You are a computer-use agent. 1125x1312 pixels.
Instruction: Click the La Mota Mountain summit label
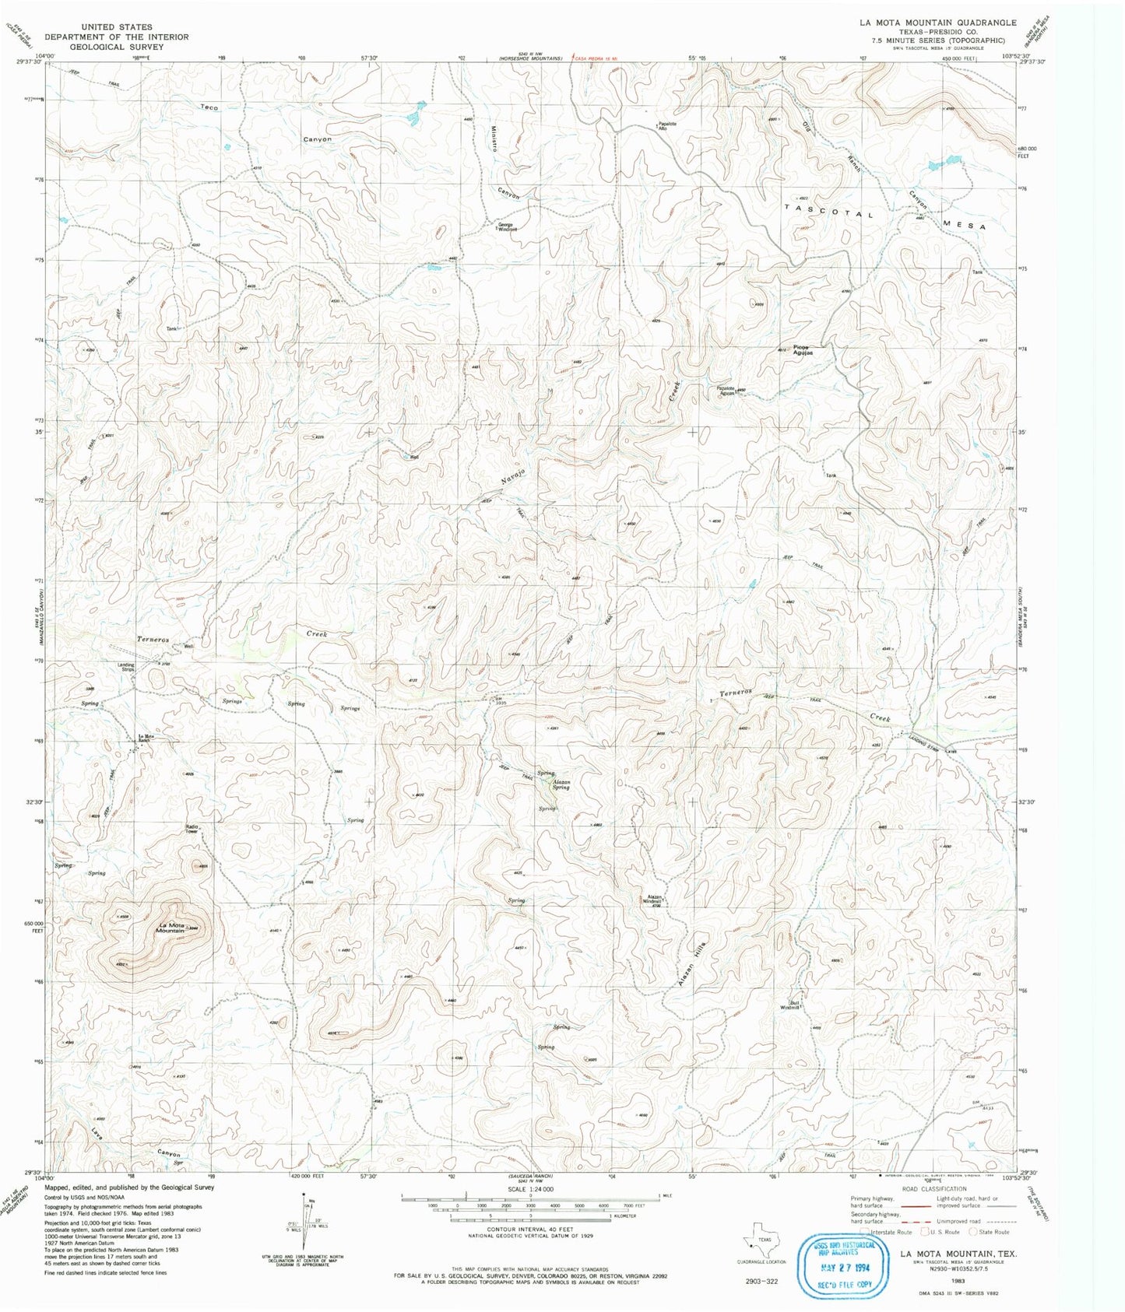coord(170,928)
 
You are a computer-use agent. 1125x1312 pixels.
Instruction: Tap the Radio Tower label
coord(192,829)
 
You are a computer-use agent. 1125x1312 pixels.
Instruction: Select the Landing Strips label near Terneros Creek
coord(126,666)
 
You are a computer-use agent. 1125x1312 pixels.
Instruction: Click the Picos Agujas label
coord(803,350)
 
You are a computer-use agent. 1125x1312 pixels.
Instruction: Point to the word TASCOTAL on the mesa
coord(828,212)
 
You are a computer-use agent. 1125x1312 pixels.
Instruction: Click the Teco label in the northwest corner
coord(209,107)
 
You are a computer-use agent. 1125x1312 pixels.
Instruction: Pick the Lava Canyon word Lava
coord(97,1133)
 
